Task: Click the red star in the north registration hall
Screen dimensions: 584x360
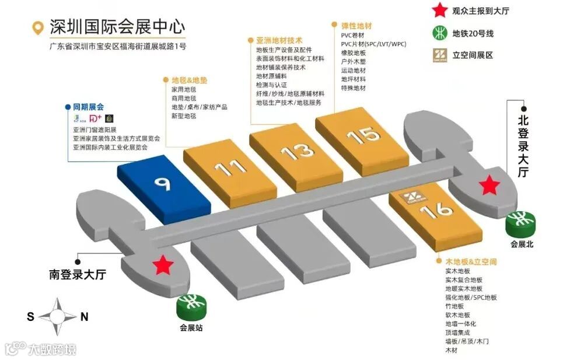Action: click(x=489, y=186)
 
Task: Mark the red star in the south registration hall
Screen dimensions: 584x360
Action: click(x=164, y=265)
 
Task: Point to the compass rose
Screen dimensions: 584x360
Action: click(x=57, y=317)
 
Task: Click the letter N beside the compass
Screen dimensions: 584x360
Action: click(x=84, y=317)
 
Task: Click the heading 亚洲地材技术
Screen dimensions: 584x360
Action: click(x=279, y=41)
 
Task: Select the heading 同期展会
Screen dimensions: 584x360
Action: click(x=88, y=107)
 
